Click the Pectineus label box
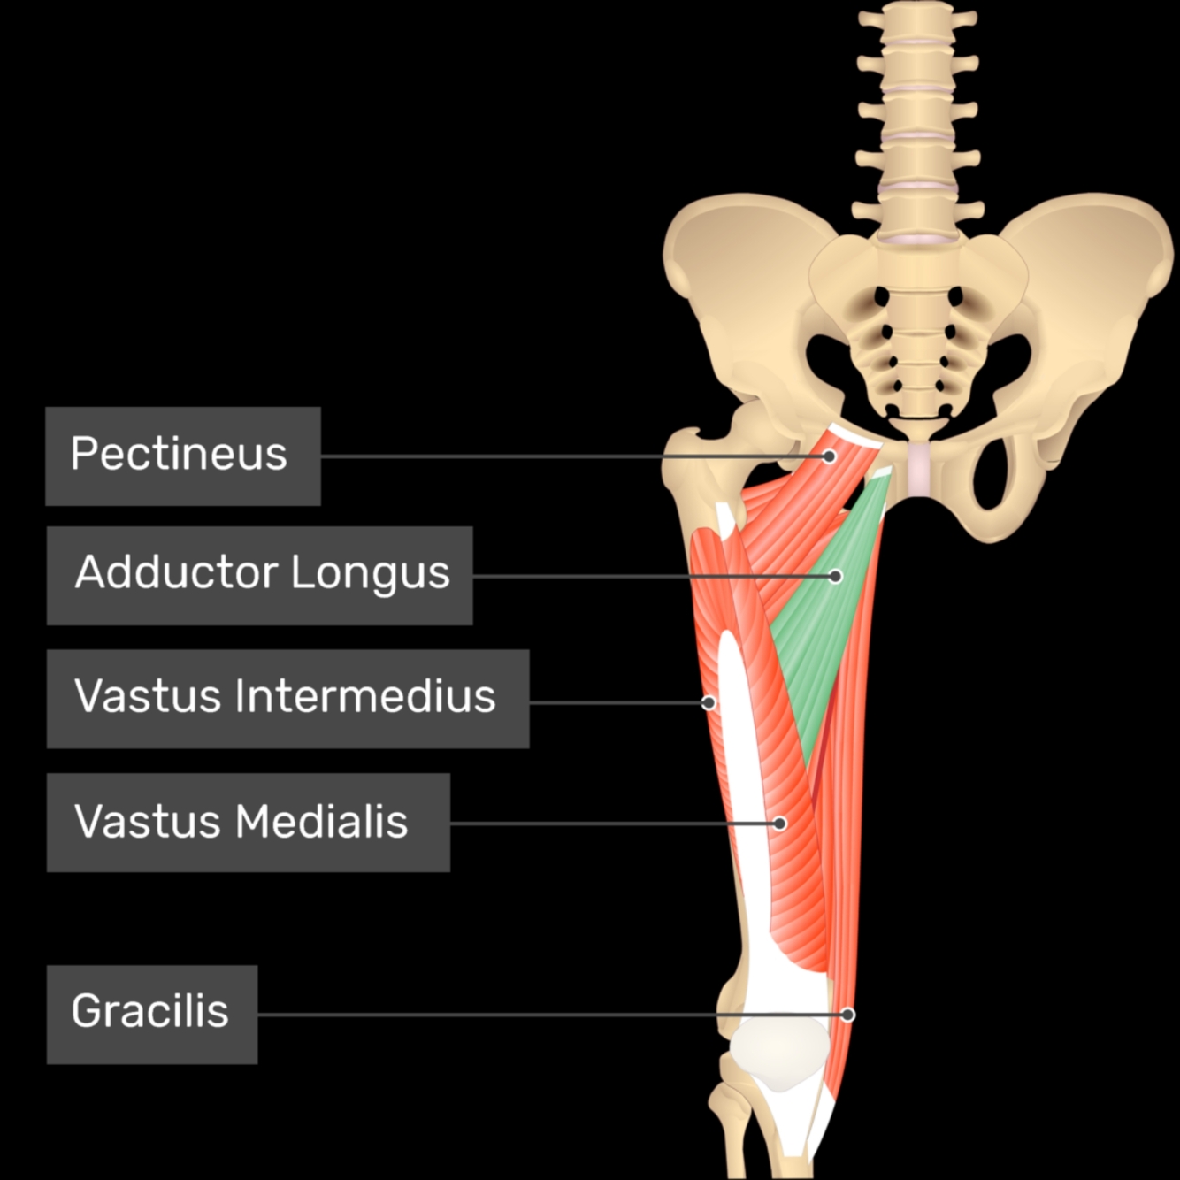[x=182, y=456]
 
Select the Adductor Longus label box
[x=259, y=576]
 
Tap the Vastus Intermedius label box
[x=287, y=699]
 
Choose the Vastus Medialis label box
[x=248, y=823]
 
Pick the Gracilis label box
[x=151, y=1014]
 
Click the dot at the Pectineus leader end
[x=829, y=456]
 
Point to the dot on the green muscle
[x=835, y=577]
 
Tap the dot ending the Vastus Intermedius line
[x=709, y=703]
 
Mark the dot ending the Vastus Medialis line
[x=779, y=824]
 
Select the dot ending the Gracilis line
[x=847, y=1015]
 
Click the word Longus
[x=371, y=572]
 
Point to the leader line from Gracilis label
[x=531, y=1015]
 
